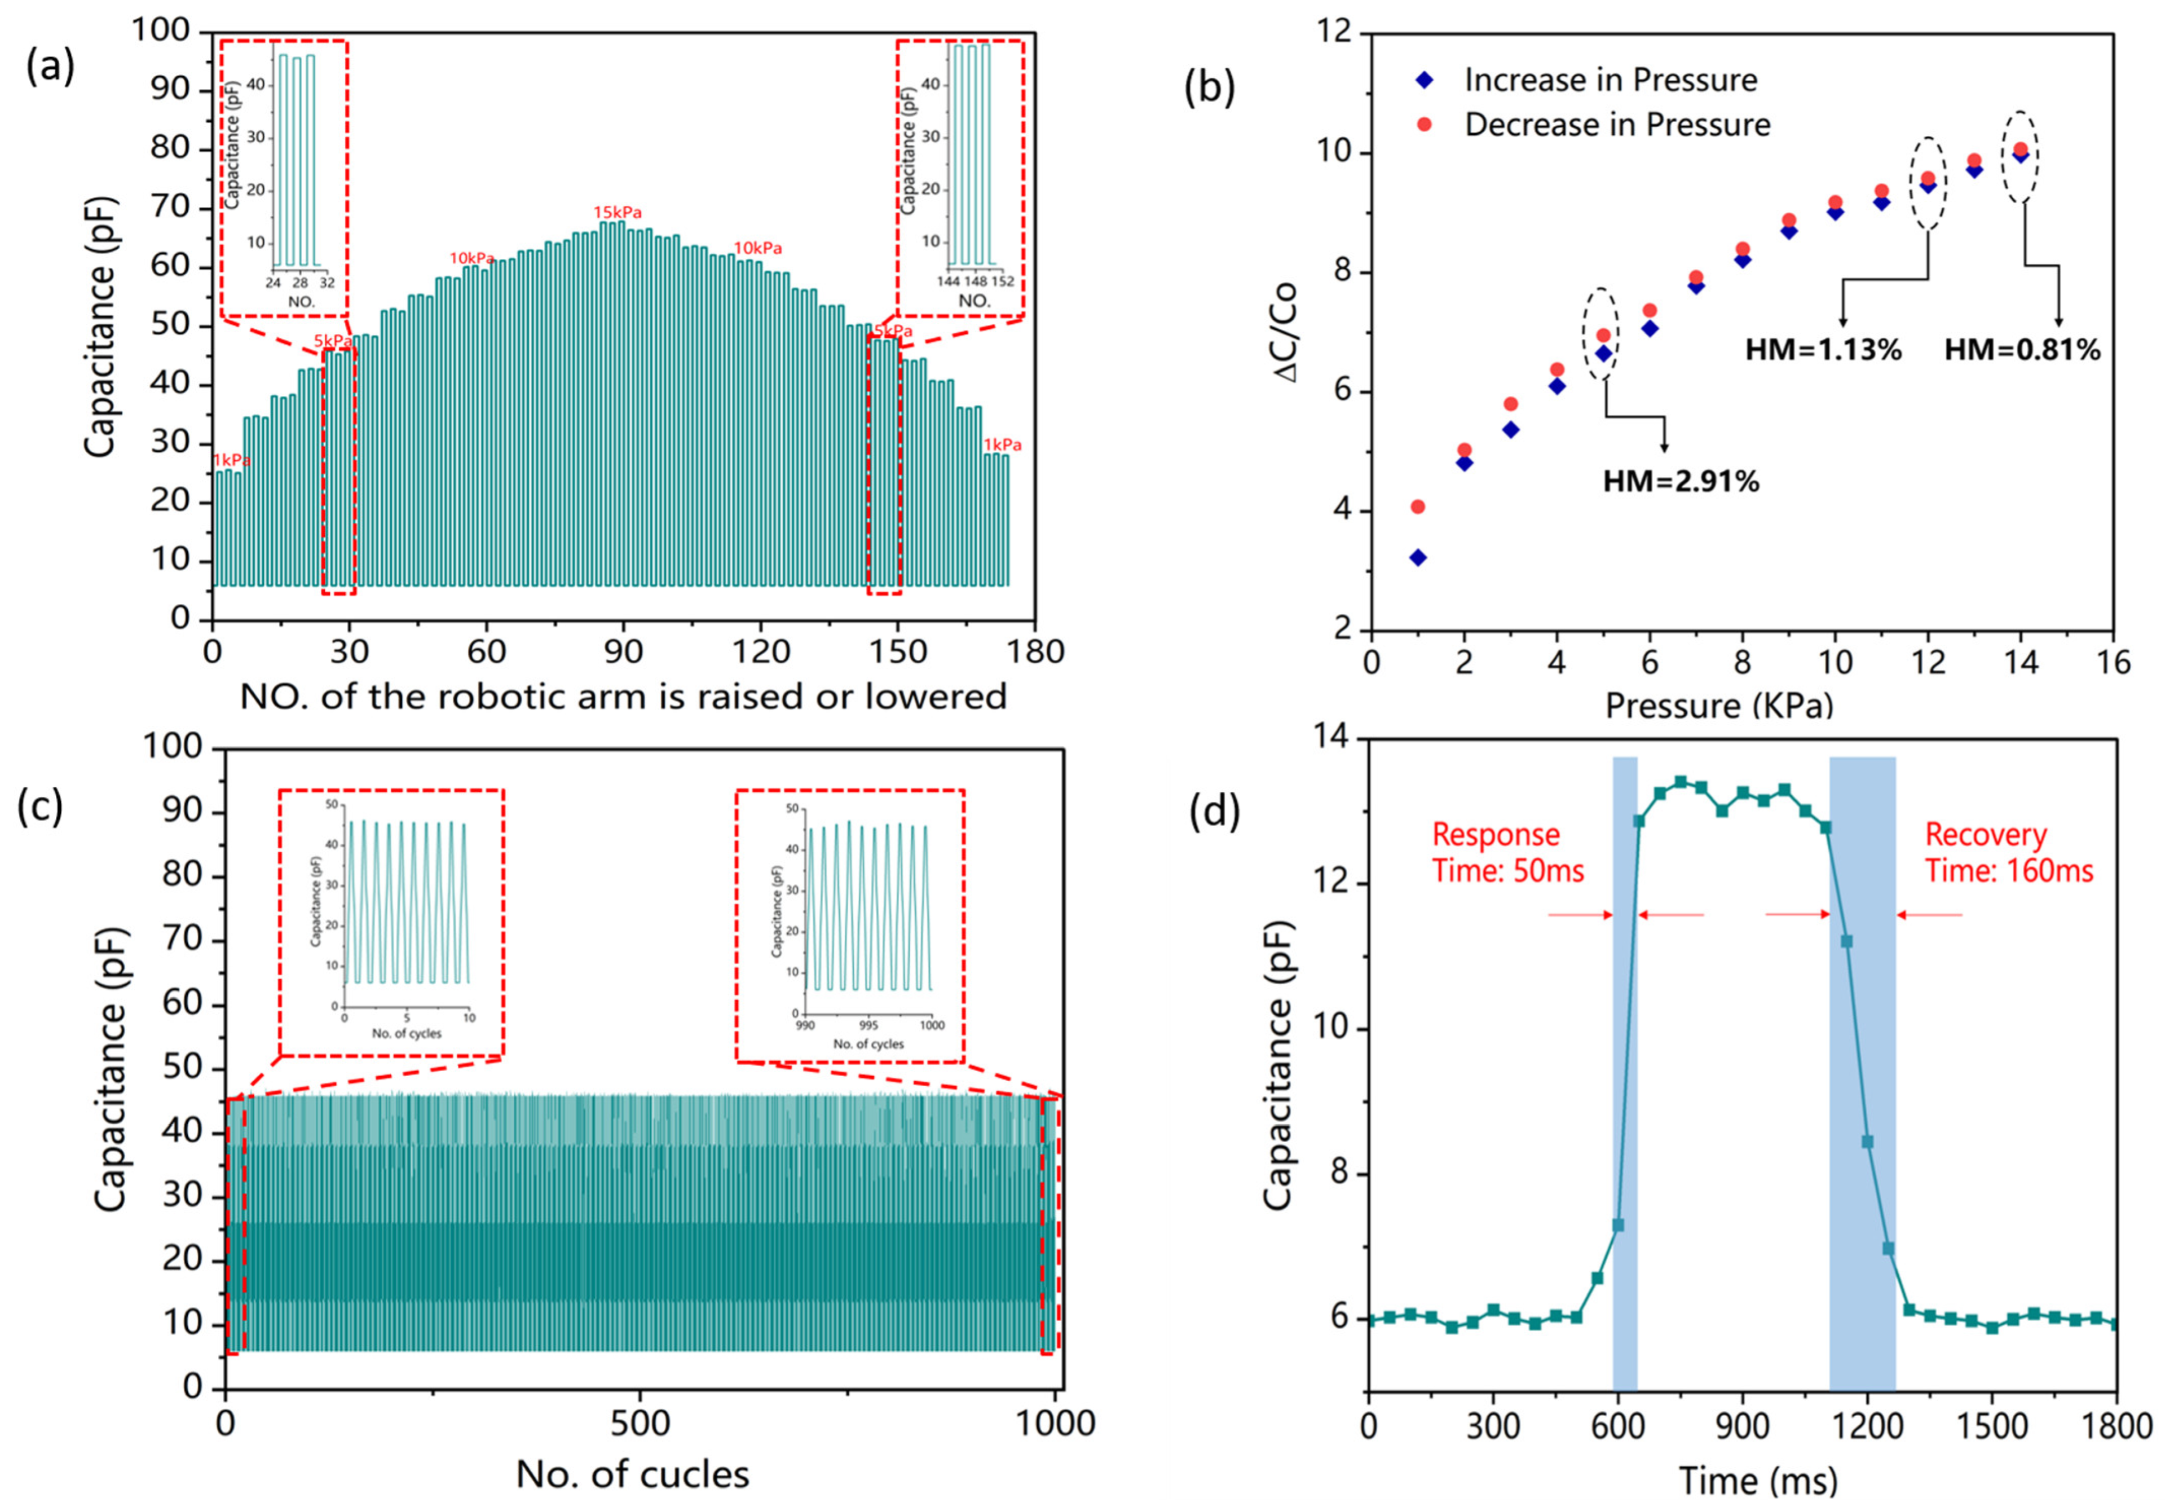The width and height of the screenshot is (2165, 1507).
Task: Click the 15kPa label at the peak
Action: click(617, 212)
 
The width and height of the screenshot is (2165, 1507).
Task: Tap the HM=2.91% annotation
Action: click(1681, 482)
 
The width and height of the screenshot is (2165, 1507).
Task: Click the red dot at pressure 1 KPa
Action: click(1417, 506)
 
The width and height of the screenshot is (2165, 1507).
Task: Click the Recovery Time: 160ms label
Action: click(2008, 853)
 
